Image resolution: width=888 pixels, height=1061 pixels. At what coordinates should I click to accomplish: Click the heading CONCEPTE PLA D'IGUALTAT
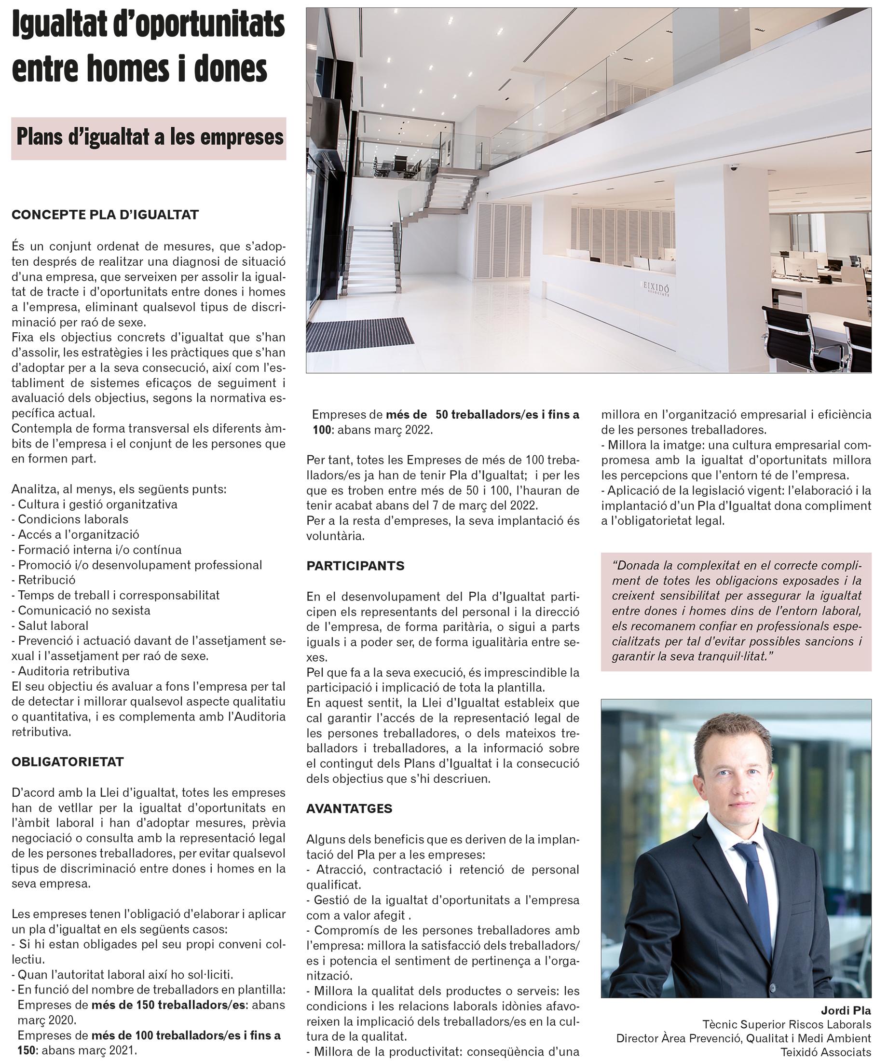pos(105,215)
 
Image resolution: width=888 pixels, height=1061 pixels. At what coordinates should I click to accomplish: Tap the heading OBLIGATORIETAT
pos(68,762)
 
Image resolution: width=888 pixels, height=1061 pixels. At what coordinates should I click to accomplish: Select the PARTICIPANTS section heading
pos(355,566)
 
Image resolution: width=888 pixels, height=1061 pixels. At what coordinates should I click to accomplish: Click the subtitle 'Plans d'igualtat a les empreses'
pos(150,137)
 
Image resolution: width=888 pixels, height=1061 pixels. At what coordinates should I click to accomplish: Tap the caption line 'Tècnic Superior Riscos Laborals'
pos(786,1025)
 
